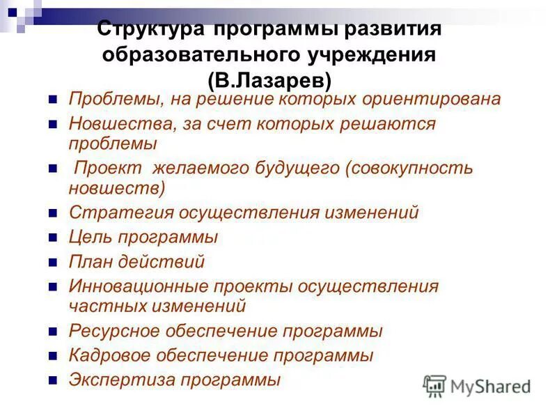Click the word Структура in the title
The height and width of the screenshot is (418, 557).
click(150, 30)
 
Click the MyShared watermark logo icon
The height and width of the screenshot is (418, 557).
click(434, 385)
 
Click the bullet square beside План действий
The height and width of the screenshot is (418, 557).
click(52, 263)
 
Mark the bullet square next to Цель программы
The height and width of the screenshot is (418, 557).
click(52, 238)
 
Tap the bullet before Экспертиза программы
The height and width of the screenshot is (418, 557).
click(52, 382)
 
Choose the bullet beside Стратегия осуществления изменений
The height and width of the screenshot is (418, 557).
click(52, 213)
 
